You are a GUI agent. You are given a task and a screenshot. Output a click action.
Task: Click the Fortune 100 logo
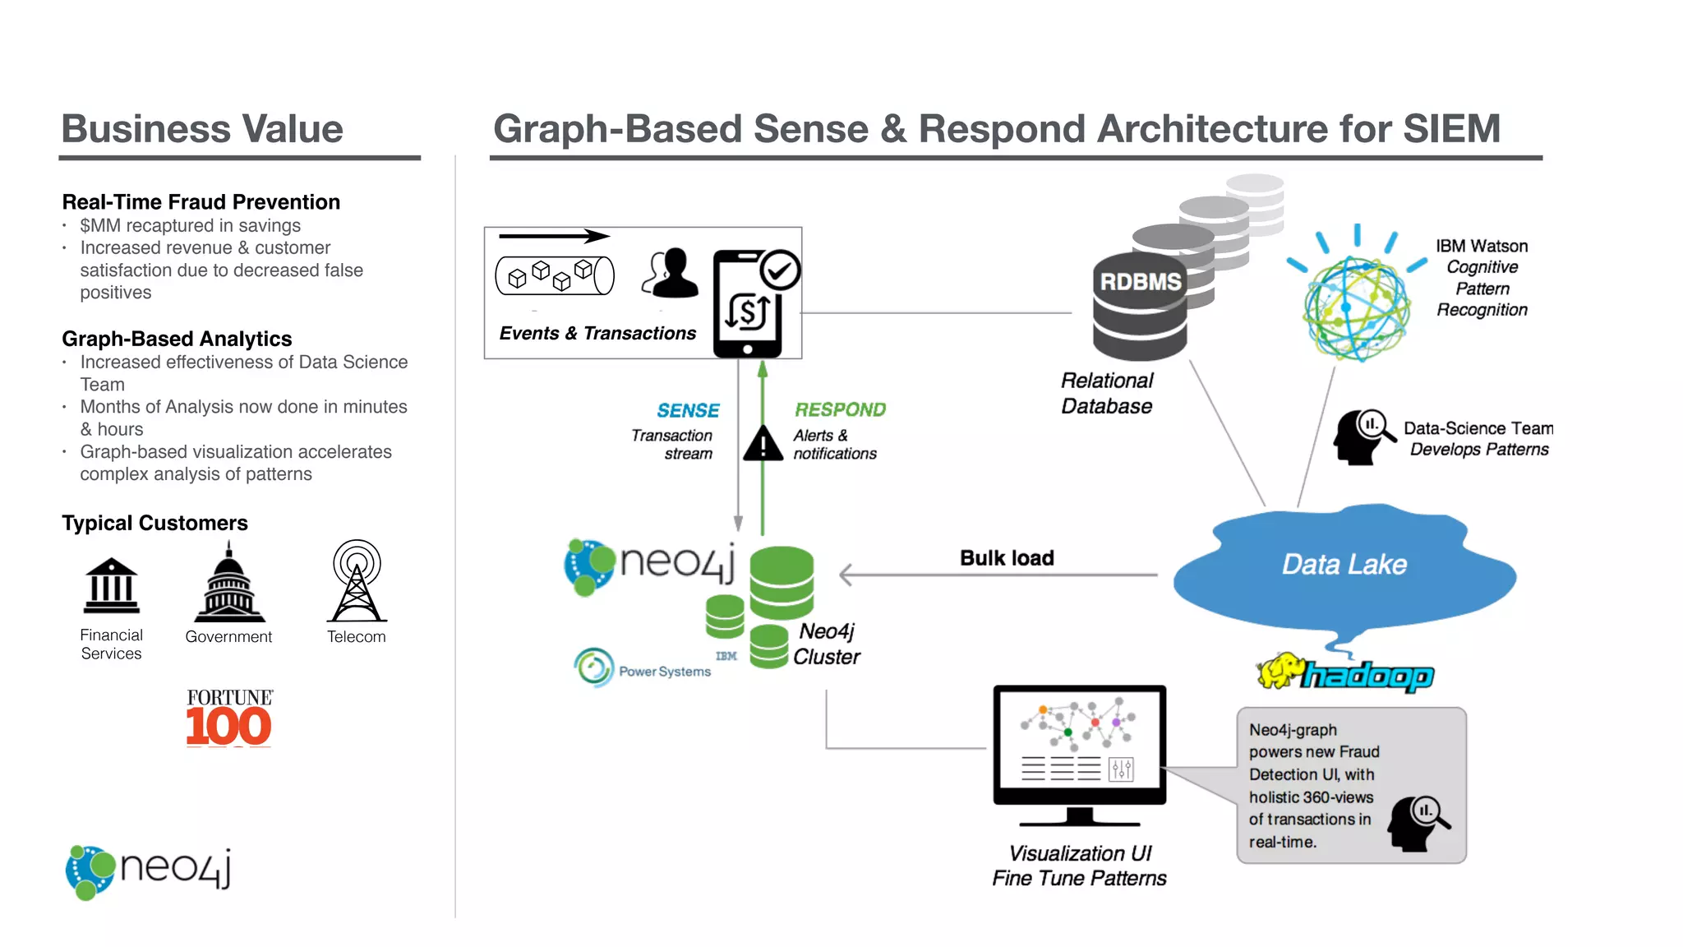228,718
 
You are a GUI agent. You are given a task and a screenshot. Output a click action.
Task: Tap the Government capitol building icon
229,584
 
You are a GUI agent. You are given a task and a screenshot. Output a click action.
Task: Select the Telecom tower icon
357,581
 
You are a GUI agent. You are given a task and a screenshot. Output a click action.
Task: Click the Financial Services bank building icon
112,586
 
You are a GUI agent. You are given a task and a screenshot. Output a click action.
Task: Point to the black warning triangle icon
763,444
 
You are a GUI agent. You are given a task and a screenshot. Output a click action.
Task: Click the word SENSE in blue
688,410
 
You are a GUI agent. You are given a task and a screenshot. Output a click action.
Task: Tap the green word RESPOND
840,409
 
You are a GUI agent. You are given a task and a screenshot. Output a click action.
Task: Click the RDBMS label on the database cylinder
1140,282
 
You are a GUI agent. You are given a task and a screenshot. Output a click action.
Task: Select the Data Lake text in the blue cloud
1344,565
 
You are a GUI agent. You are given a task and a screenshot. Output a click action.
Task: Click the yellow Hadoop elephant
1280,671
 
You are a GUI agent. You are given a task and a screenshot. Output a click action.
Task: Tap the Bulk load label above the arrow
1007,558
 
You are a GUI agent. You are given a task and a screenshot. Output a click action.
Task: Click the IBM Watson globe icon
1356,309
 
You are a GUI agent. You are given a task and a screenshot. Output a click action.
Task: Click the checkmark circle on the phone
779,270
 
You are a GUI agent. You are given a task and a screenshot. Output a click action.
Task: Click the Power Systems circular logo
594,667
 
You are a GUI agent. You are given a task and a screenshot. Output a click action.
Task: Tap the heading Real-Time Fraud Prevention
201,202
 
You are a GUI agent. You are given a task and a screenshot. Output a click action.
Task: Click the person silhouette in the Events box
671,274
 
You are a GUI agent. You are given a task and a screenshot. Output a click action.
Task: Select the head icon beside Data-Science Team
1362,437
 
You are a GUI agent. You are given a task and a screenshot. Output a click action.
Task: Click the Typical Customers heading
154,523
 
